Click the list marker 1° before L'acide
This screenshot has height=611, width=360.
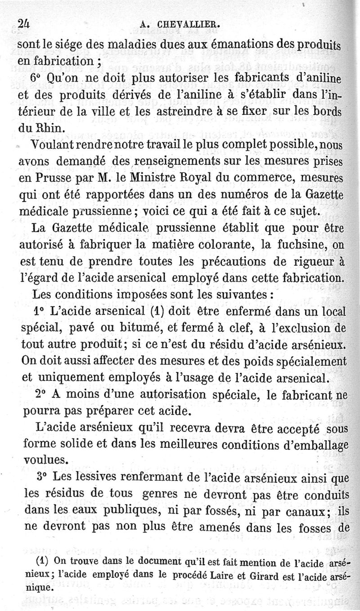(x=40, y=311)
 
